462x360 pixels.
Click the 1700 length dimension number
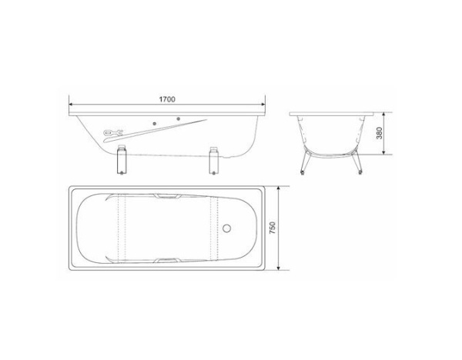coord(167,99)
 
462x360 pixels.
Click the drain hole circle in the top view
coord(227,228)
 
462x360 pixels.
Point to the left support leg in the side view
coord(121,162)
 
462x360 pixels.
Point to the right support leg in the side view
coord(213,162)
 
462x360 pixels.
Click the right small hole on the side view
coord(179,119)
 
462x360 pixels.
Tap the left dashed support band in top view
coord(119,228)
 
